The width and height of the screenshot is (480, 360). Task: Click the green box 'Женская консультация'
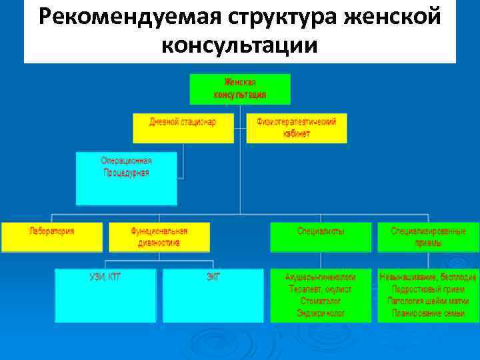click(x=240, y=89)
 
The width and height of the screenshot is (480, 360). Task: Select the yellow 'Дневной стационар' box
click(x=183, y=127)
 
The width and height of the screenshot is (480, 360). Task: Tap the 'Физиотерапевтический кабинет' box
click(x=297, y=127)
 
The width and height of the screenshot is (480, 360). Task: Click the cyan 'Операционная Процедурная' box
click(x=126, y=178)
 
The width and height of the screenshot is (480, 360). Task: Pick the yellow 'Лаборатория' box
click(x=52, y=237)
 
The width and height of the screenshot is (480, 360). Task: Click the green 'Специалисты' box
click(x=321, y=237)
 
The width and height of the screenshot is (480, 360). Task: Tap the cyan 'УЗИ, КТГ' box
click(x=105, y=295)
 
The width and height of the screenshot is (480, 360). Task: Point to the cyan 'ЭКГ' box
click(x=213, y=295)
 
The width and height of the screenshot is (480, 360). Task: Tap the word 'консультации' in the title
click(x=239, y=45)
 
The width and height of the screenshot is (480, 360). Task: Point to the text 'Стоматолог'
click(x=321, y=301)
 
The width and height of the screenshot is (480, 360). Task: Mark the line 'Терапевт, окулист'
click(x=321, y=289)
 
